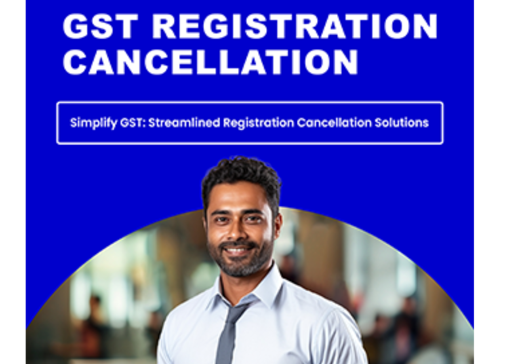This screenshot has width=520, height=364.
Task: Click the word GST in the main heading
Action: point(100,26)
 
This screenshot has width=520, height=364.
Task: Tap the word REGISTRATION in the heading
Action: point(295,26)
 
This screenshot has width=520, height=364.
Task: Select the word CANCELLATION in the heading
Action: point(211,62)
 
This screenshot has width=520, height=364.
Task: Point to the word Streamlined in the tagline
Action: point(184,123)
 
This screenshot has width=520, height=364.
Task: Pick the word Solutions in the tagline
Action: point(402,123)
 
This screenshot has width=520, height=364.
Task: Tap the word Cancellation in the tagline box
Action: point(335,123)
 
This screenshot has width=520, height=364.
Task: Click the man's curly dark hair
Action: point(242,177)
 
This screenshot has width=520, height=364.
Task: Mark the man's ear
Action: point(278,223)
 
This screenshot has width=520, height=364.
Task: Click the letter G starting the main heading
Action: point(75,26)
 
